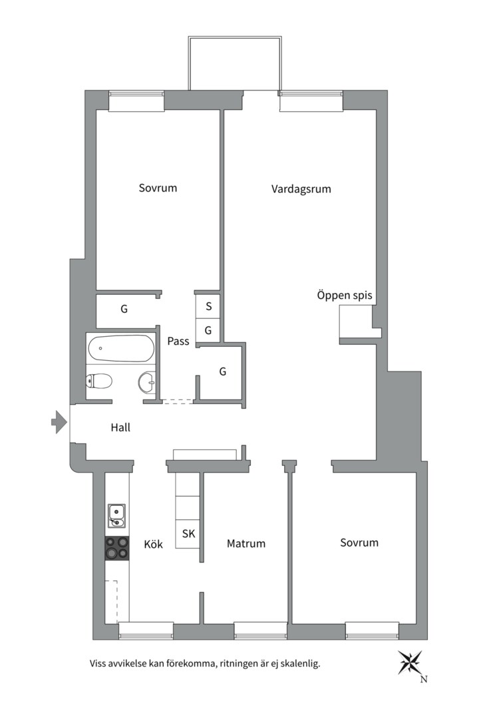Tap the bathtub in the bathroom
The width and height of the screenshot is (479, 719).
tap(120, 348)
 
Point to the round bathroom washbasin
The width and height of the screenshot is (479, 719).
tap(146, 382)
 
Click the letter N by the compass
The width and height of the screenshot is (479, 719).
tap(424, 680)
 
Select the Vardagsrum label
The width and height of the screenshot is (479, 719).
tap(301, 189)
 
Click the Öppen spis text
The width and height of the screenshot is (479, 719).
tap(344, 295)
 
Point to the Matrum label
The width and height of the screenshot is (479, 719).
tap(245, 544)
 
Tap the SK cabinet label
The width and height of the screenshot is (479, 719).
tap(188, 534)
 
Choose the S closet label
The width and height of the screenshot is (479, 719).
tap(208, 307)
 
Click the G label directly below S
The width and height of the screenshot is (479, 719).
tap(208, 330)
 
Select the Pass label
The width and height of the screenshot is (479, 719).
tap(178, 342)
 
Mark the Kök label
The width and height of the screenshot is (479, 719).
tap(153, 545)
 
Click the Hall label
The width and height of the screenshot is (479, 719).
tap(120, 428)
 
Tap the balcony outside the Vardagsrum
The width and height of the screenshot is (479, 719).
tap(234, 63)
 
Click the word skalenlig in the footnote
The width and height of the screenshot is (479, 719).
tap(298, 664)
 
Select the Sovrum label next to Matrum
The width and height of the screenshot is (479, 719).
tap(359, 543)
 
